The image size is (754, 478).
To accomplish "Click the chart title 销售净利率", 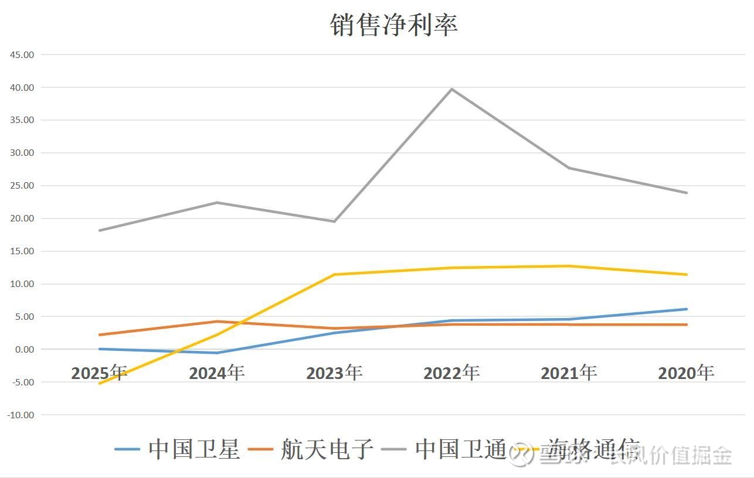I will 393,24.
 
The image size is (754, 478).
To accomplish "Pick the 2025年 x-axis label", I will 99,373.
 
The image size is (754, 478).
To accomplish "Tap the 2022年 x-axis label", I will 451,373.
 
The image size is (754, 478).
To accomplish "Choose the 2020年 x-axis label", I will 686,373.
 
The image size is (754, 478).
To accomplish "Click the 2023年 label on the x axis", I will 334,373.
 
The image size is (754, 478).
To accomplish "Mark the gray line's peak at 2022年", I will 451,89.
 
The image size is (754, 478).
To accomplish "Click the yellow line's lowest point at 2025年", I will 100,383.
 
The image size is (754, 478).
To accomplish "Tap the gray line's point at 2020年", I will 686,193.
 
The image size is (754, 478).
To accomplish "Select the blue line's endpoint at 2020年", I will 686,309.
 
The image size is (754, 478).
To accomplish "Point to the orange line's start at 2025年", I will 100,334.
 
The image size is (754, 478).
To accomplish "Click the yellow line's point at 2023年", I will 334,275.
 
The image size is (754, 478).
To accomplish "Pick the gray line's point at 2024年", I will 217,203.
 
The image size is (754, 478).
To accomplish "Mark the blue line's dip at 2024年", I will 217,353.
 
